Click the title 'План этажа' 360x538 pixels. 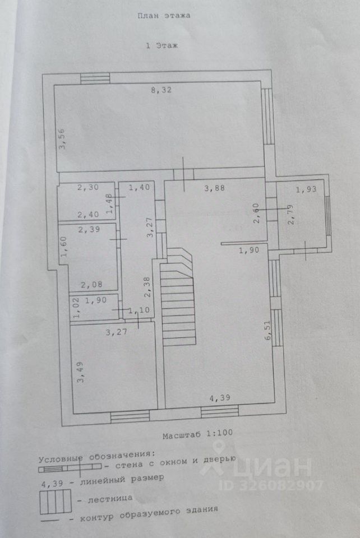pos(164,16)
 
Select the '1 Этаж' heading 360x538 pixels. pos(161,46)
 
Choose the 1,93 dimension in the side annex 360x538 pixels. pos(306,190)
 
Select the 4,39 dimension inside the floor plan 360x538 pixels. pos(220,398)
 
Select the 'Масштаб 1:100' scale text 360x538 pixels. pos(197,434)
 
